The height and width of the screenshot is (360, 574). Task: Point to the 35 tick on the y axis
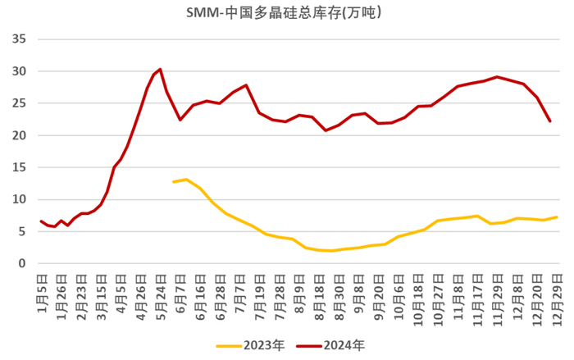pos(20,39)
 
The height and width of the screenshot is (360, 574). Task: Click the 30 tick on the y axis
pos(20,71)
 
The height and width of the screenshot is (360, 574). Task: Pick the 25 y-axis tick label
pos(20,103)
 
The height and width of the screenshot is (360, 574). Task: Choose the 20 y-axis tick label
pos(20,135)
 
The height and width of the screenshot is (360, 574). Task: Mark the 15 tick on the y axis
pos(20,167)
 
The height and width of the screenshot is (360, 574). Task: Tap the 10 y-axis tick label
pos(20,199)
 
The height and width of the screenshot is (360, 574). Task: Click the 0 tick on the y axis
pos(23,263)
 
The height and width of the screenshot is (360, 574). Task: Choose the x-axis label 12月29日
pos(557,296)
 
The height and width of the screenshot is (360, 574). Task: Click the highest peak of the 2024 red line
pos(160,69)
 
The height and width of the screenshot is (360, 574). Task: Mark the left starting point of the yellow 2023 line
pos(173,181)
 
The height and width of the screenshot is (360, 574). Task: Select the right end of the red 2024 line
pos(549,121)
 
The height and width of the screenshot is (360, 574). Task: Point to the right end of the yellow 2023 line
pos(557,217)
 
